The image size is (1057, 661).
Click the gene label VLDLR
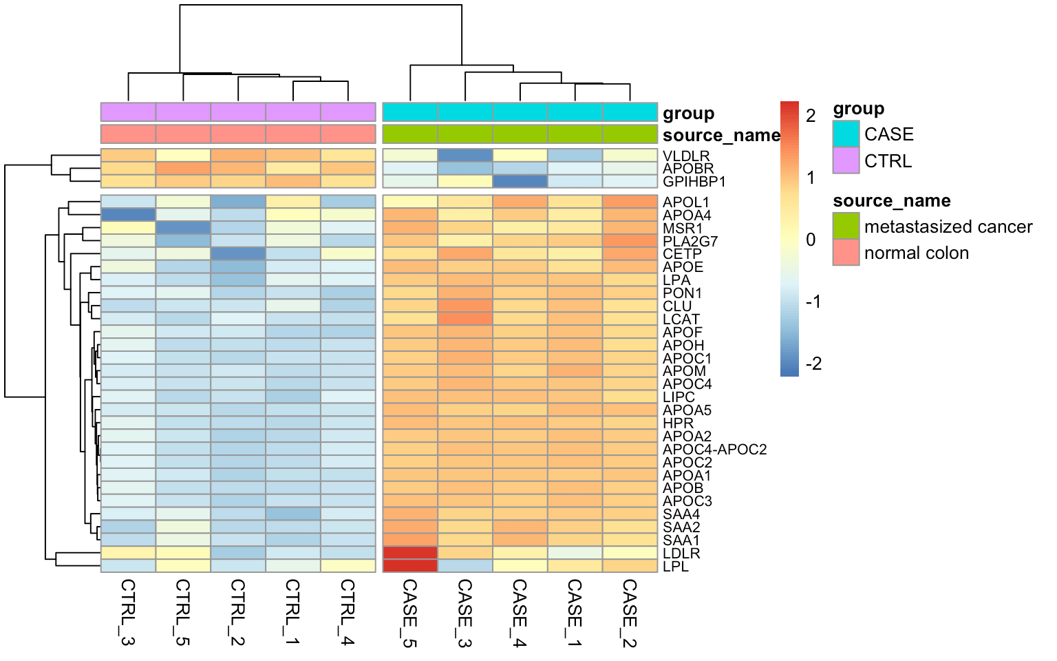tap(685, 156)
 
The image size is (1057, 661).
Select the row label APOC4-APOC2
tap(714, 450)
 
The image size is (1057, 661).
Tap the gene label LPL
tap(675, 567)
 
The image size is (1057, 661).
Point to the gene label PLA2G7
tap(690, 242)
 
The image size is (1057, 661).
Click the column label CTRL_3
tap(128, 612)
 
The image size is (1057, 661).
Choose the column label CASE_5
tap(410, 612)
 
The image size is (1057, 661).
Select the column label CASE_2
tap(630, 612)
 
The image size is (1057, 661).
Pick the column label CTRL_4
tap(348, 612)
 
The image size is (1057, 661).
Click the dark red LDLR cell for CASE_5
tap(410, 553)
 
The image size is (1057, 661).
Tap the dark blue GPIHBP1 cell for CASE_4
tap(520, 182)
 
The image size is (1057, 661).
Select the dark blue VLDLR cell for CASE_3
tap(465, 156)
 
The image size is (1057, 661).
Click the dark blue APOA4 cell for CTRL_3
tap(128, 215)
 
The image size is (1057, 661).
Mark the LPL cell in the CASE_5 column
tap(410, 566)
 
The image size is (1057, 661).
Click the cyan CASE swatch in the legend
tap(846, 134)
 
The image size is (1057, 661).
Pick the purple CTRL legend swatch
tap(846, 160)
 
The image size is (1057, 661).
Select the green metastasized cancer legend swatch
tap(846, 226)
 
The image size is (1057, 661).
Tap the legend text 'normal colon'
tap(916, 253)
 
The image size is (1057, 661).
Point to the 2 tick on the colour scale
tap(811, 116)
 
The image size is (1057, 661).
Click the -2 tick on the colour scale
tap(813, 364)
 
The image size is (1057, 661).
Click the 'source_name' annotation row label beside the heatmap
tap(721, 135)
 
